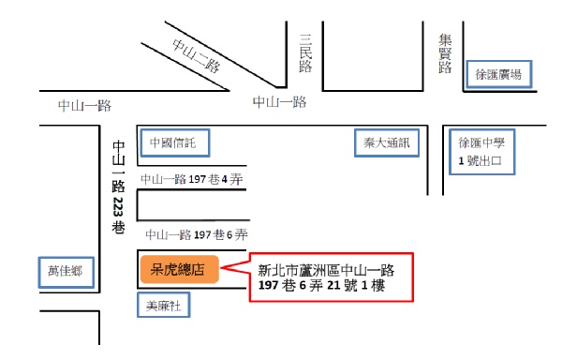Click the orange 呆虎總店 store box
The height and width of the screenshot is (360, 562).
point(180,269)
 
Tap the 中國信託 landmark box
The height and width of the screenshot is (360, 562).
point(175,143)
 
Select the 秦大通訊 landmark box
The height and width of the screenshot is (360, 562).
point(387,143)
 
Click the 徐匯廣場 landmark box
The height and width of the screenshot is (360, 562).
point(498,74)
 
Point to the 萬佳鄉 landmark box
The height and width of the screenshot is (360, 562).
point(67,272)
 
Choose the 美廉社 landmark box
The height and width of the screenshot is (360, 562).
point(163,305)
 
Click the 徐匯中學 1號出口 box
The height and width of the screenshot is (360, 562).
point(481,152)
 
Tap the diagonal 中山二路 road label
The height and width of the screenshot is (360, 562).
point(196,55)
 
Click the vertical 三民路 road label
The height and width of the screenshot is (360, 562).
point(305,53)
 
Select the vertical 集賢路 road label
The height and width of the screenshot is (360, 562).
point(445,53)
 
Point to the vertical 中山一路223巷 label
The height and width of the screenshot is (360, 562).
point(118,187)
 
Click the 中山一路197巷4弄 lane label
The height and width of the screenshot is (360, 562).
point(192,179)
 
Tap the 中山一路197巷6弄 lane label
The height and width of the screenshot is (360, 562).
point(197,235)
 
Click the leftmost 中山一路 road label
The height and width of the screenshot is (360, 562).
point(85,106)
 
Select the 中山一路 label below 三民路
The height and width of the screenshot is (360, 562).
point(279,102)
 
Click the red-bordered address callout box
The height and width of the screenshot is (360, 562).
point(332,277)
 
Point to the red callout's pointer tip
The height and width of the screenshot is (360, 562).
point(221,267)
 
